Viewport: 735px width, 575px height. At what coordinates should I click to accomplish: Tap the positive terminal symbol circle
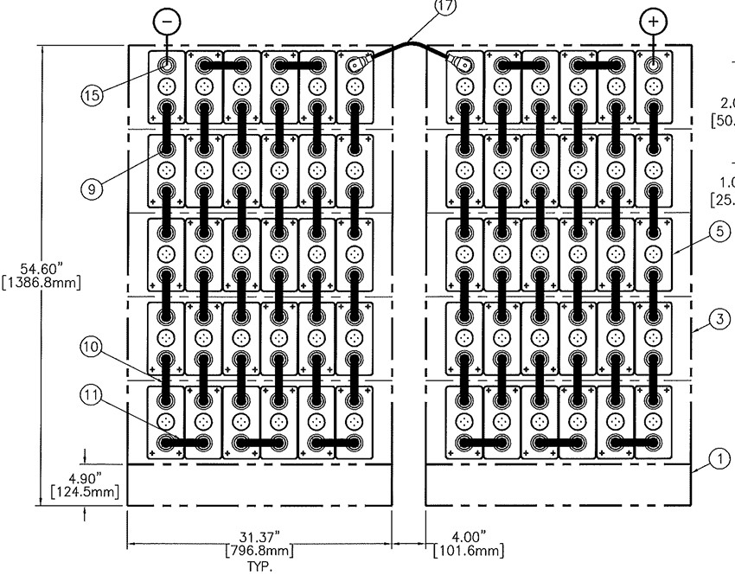point(653,21)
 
